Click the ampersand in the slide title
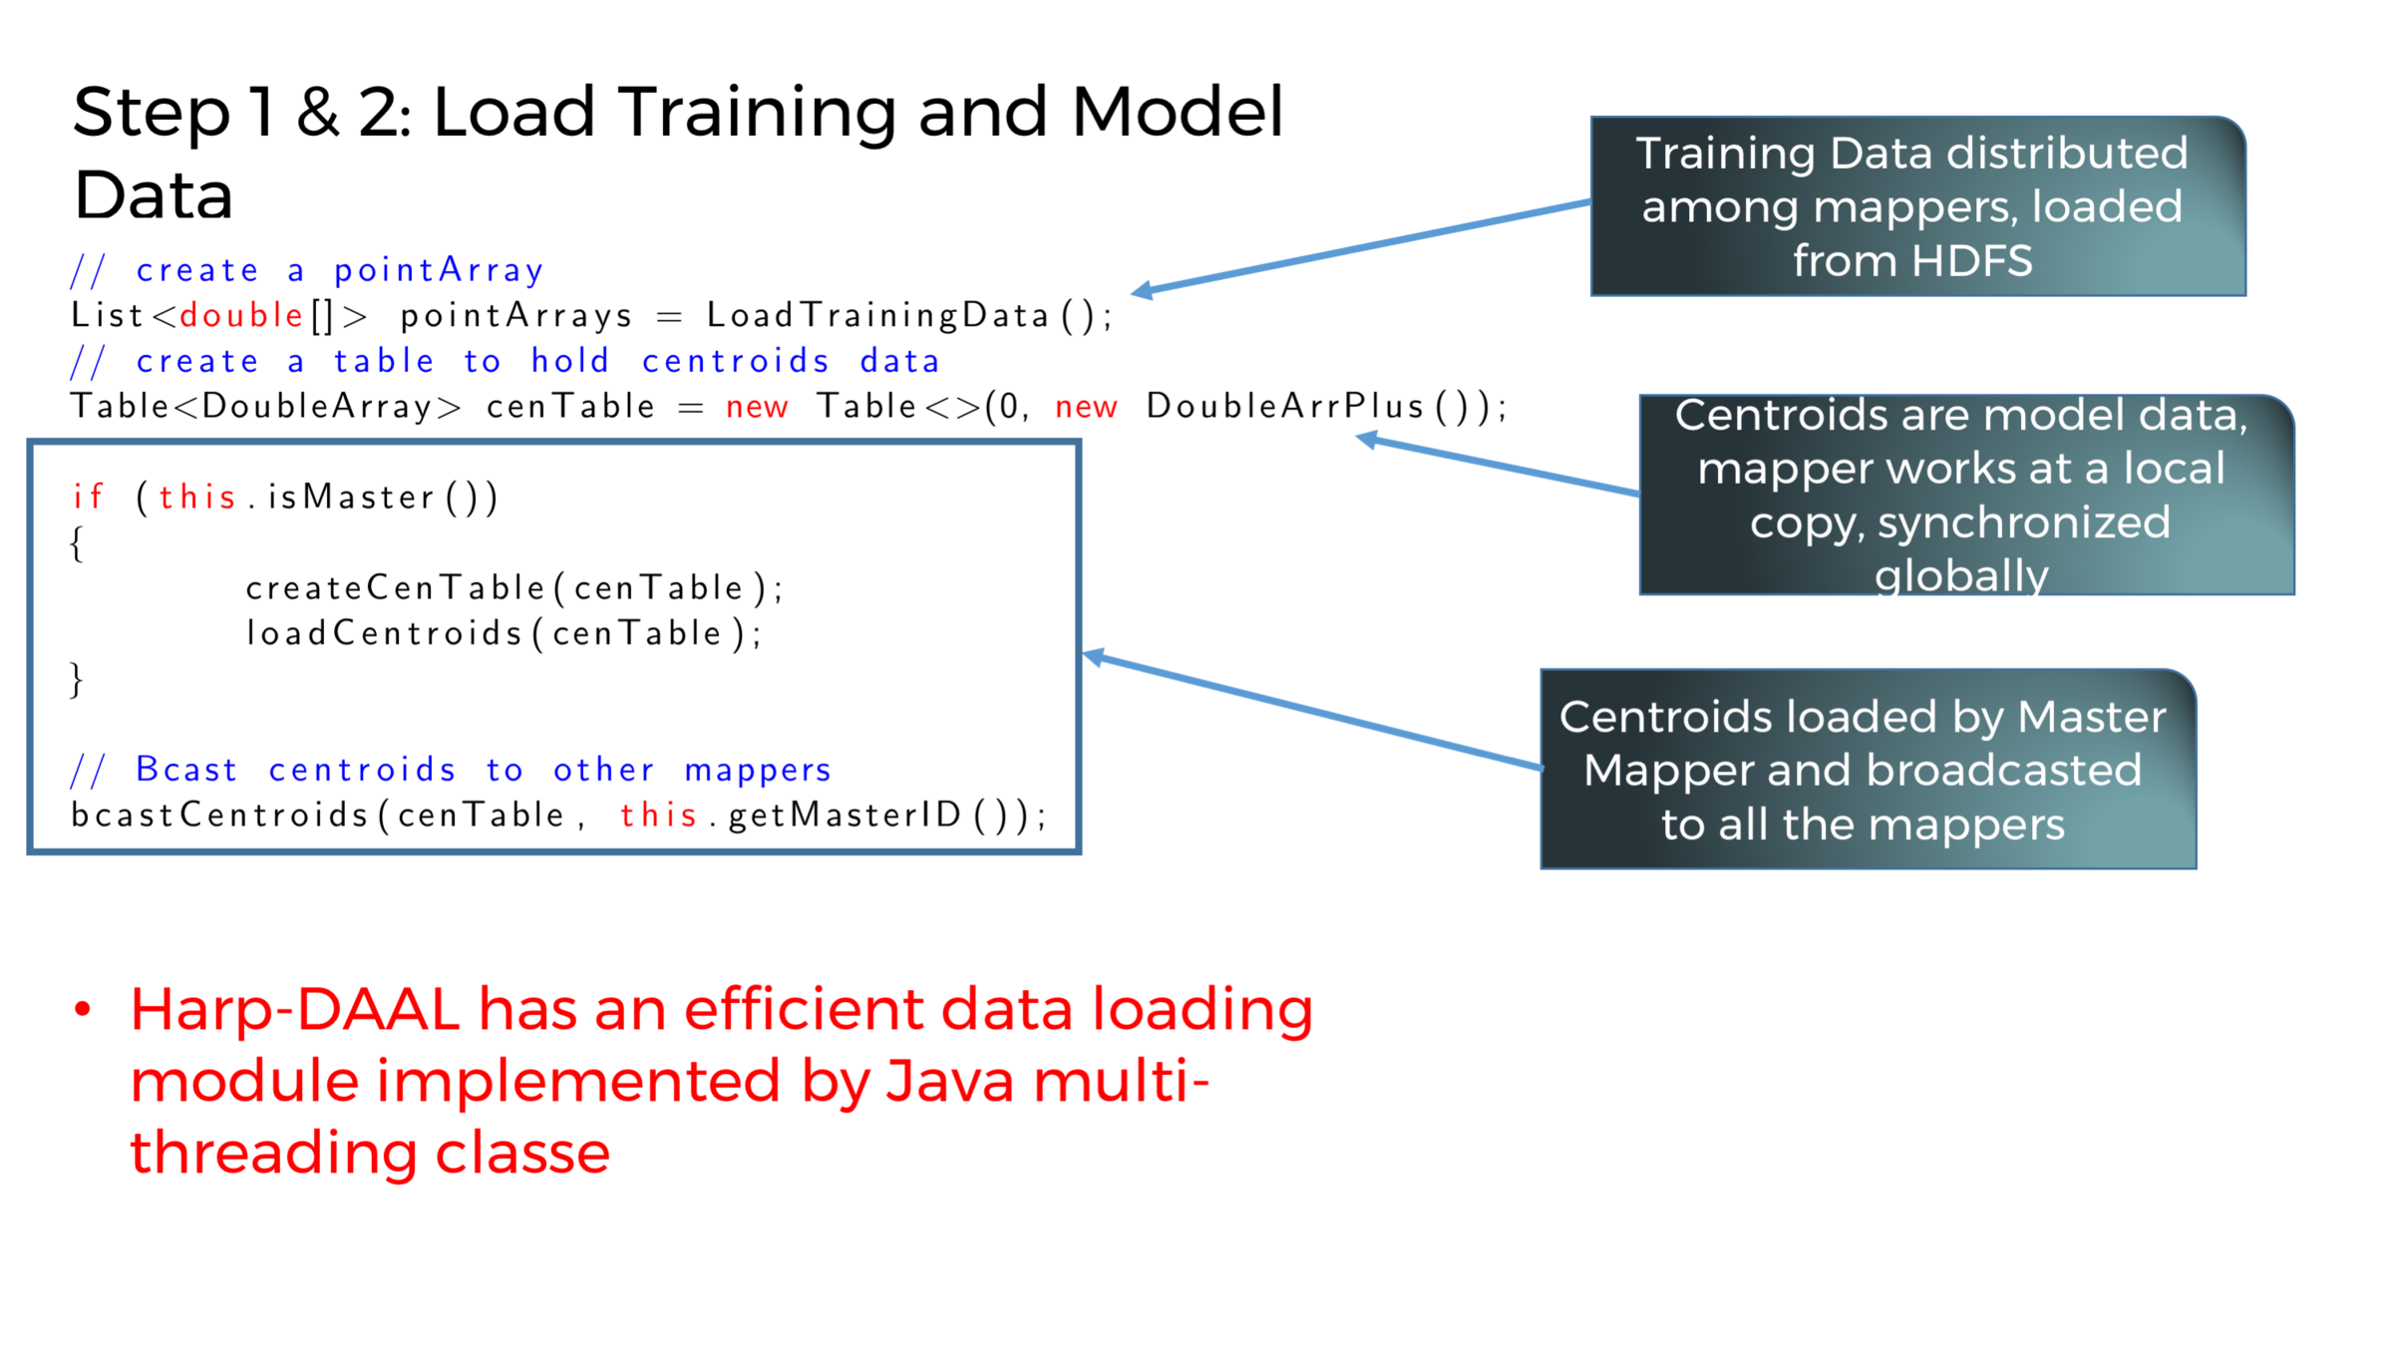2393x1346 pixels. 317,113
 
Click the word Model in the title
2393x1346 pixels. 1177,113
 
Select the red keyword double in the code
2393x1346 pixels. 241,316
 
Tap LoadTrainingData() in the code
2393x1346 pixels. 907,316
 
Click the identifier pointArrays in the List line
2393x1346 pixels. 515,316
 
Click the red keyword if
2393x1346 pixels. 89,497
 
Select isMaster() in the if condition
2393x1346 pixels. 382,497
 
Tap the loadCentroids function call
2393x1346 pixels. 504,634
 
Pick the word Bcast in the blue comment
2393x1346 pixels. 186,770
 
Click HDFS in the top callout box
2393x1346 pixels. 1971,261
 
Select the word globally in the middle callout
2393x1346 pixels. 1961,575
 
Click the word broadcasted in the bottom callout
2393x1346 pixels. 2003,770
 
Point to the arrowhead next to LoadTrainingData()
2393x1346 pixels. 1143,291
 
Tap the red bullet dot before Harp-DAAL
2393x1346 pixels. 84,1010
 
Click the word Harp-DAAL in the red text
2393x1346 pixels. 295,1010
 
